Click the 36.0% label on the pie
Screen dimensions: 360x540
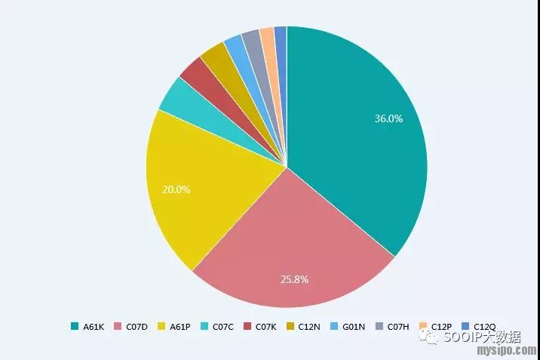click(389, 118)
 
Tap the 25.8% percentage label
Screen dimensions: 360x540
click(294, 279)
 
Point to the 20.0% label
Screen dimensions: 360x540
click(176, 189)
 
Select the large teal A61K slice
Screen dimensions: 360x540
click(354, 143)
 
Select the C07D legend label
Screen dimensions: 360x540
click(137, 327)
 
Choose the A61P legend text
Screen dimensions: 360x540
click(179, 327)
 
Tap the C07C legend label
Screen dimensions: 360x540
click(222, 327)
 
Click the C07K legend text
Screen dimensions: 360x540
click(265, 327)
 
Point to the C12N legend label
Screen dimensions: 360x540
click(309, 327)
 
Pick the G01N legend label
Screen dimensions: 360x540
click(353, 327)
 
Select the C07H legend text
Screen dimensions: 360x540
click(397, 327)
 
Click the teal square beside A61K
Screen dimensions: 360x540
click(75, 327)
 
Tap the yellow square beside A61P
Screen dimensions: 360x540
click(161, 327)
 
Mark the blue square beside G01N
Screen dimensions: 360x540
click(335, 327)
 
